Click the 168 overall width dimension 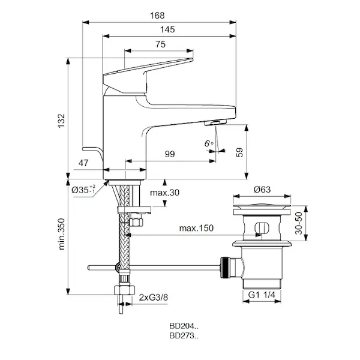157,16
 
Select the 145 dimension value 167,29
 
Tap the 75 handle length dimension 160,44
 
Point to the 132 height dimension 62,121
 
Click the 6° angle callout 209,143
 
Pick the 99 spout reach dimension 170,154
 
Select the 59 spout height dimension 239,152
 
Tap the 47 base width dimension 83,163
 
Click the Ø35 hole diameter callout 83,190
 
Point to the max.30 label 164,193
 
